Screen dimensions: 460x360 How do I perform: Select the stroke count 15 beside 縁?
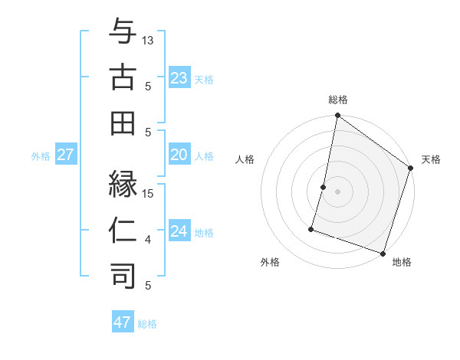coord(149,194)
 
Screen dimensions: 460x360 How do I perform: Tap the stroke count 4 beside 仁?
coord(149,240)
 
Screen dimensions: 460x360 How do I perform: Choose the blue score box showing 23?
coord(179,77)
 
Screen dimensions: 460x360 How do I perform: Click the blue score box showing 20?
coord(179,155)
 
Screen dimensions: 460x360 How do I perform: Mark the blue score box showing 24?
coord(179,231)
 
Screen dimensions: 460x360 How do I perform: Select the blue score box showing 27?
coord(65,155)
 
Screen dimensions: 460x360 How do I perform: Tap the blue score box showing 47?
coord(123,322)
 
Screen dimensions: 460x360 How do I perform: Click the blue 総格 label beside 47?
coord(147,324)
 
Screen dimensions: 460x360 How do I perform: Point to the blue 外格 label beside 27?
coord(41,156)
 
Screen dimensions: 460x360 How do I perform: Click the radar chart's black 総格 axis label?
coord(337,100)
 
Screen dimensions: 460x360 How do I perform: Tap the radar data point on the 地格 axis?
coord(382,253)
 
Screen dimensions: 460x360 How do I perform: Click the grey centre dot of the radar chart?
coord(337,192)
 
